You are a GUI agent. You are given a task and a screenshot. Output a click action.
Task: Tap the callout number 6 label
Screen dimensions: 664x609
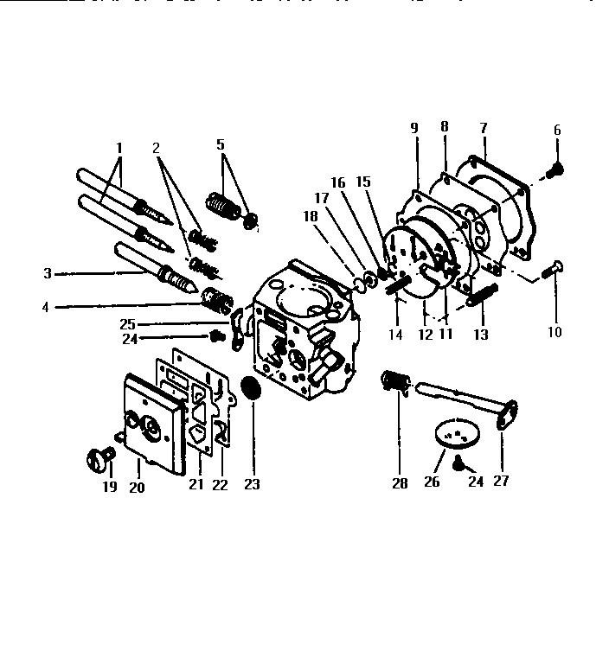coord(557,131)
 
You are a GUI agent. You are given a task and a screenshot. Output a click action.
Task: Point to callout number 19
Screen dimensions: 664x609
coord(109,486)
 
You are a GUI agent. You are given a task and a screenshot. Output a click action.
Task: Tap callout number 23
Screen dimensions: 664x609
coord(251,485)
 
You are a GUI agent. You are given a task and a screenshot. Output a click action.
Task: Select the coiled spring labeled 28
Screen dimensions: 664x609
coord(394,380)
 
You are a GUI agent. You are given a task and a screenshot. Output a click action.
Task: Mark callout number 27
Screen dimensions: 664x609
coord(501,482)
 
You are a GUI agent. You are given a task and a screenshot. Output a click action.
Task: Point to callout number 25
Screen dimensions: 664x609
coord(128,323)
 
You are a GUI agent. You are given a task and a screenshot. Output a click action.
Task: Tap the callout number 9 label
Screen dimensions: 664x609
coord(414,128)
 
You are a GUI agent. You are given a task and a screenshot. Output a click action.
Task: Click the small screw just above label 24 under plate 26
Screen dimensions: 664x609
coord(460,464)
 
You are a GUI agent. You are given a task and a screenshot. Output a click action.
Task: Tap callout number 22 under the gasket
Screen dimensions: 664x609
coord(220,485)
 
